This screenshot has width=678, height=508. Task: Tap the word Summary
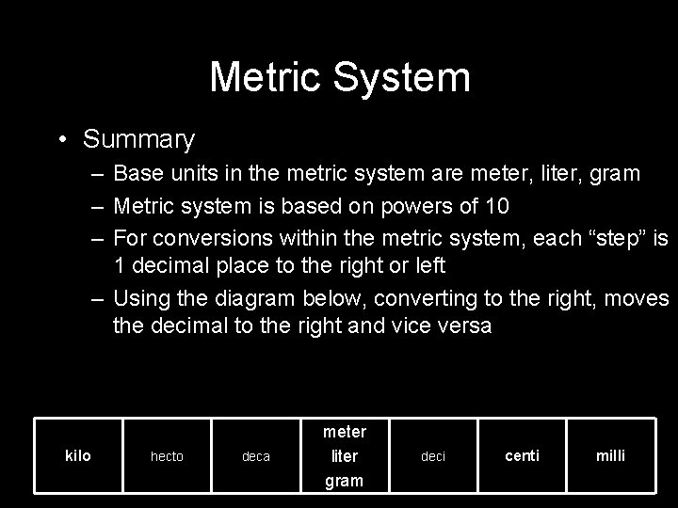(138, 140)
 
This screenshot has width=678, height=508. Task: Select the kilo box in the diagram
(77, 455)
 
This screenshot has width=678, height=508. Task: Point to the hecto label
(168, 456)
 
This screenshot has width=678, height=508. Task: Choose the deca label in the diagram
(256, 456)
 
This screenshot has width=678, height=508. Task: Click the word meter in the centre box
(345, 432)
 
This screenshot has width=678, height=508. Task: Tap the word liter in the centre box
(345, 456)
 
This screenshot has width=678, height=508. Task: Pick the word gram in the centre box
(345, 481)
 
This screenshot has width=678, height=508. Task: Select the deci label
(433, 456)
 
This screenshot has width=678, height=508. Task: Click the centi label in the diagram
(523, 456)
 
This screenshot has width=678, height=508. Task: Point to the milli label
(611, 456)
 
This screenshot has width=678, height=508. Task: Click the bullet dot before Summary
(61, 141)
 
